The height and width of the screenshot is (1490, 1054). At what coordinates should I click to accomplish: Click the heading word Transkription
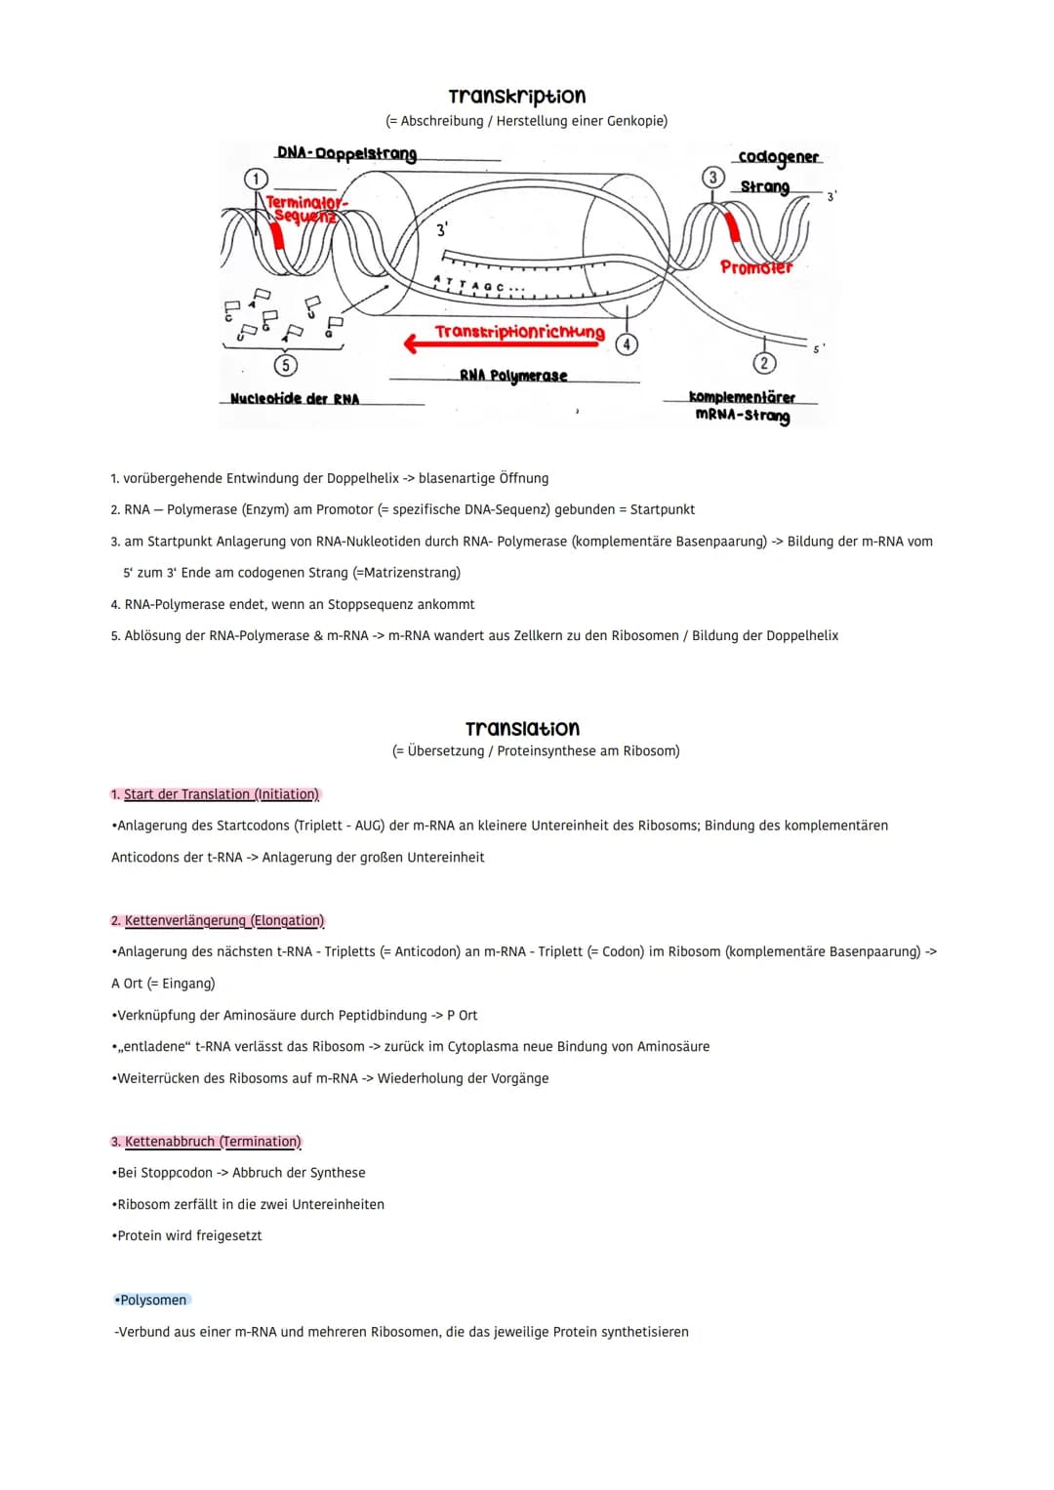516,96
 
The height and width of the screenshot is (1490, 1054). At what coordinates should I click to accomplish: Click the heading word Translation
522,728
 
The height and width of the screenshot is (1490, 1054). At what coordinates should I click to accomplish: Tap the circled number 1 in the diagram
256,179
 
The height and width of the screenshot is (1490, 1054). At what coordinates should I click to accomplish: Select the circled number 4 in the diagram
627,343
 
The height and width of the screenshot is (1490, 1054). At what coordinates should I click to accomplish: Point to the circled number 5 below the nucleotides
285,365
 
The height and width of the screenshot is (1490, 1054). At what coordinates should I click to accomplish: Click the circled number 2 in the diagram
764,363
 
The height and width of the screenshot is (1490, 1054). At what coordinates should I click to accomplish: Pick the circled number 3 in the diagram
713,177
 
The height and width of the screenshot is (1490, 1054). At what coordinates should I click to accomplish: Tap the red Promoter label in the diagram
756,266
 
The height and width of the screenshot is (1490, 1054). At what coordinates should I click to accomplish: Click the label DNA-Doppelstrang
346,153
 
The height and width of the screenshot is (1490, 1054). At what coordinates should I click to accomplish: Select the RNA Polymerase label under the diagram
513,376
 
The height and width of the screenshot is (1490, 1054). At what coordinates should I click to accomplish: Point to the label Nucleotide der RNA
295,399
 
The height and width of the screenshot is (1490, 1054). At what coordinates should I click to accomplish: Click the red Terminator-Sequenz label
304,208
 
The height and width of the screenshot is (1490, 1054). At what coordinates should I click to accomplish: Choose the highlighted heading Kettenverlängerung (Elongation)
223,920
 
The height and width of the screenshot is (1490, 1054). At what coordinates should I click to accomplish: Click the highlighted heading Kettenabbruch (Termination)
213,1141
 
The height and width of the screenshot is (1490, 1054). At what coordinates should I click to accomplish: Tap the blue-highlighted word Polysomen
153,1300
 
